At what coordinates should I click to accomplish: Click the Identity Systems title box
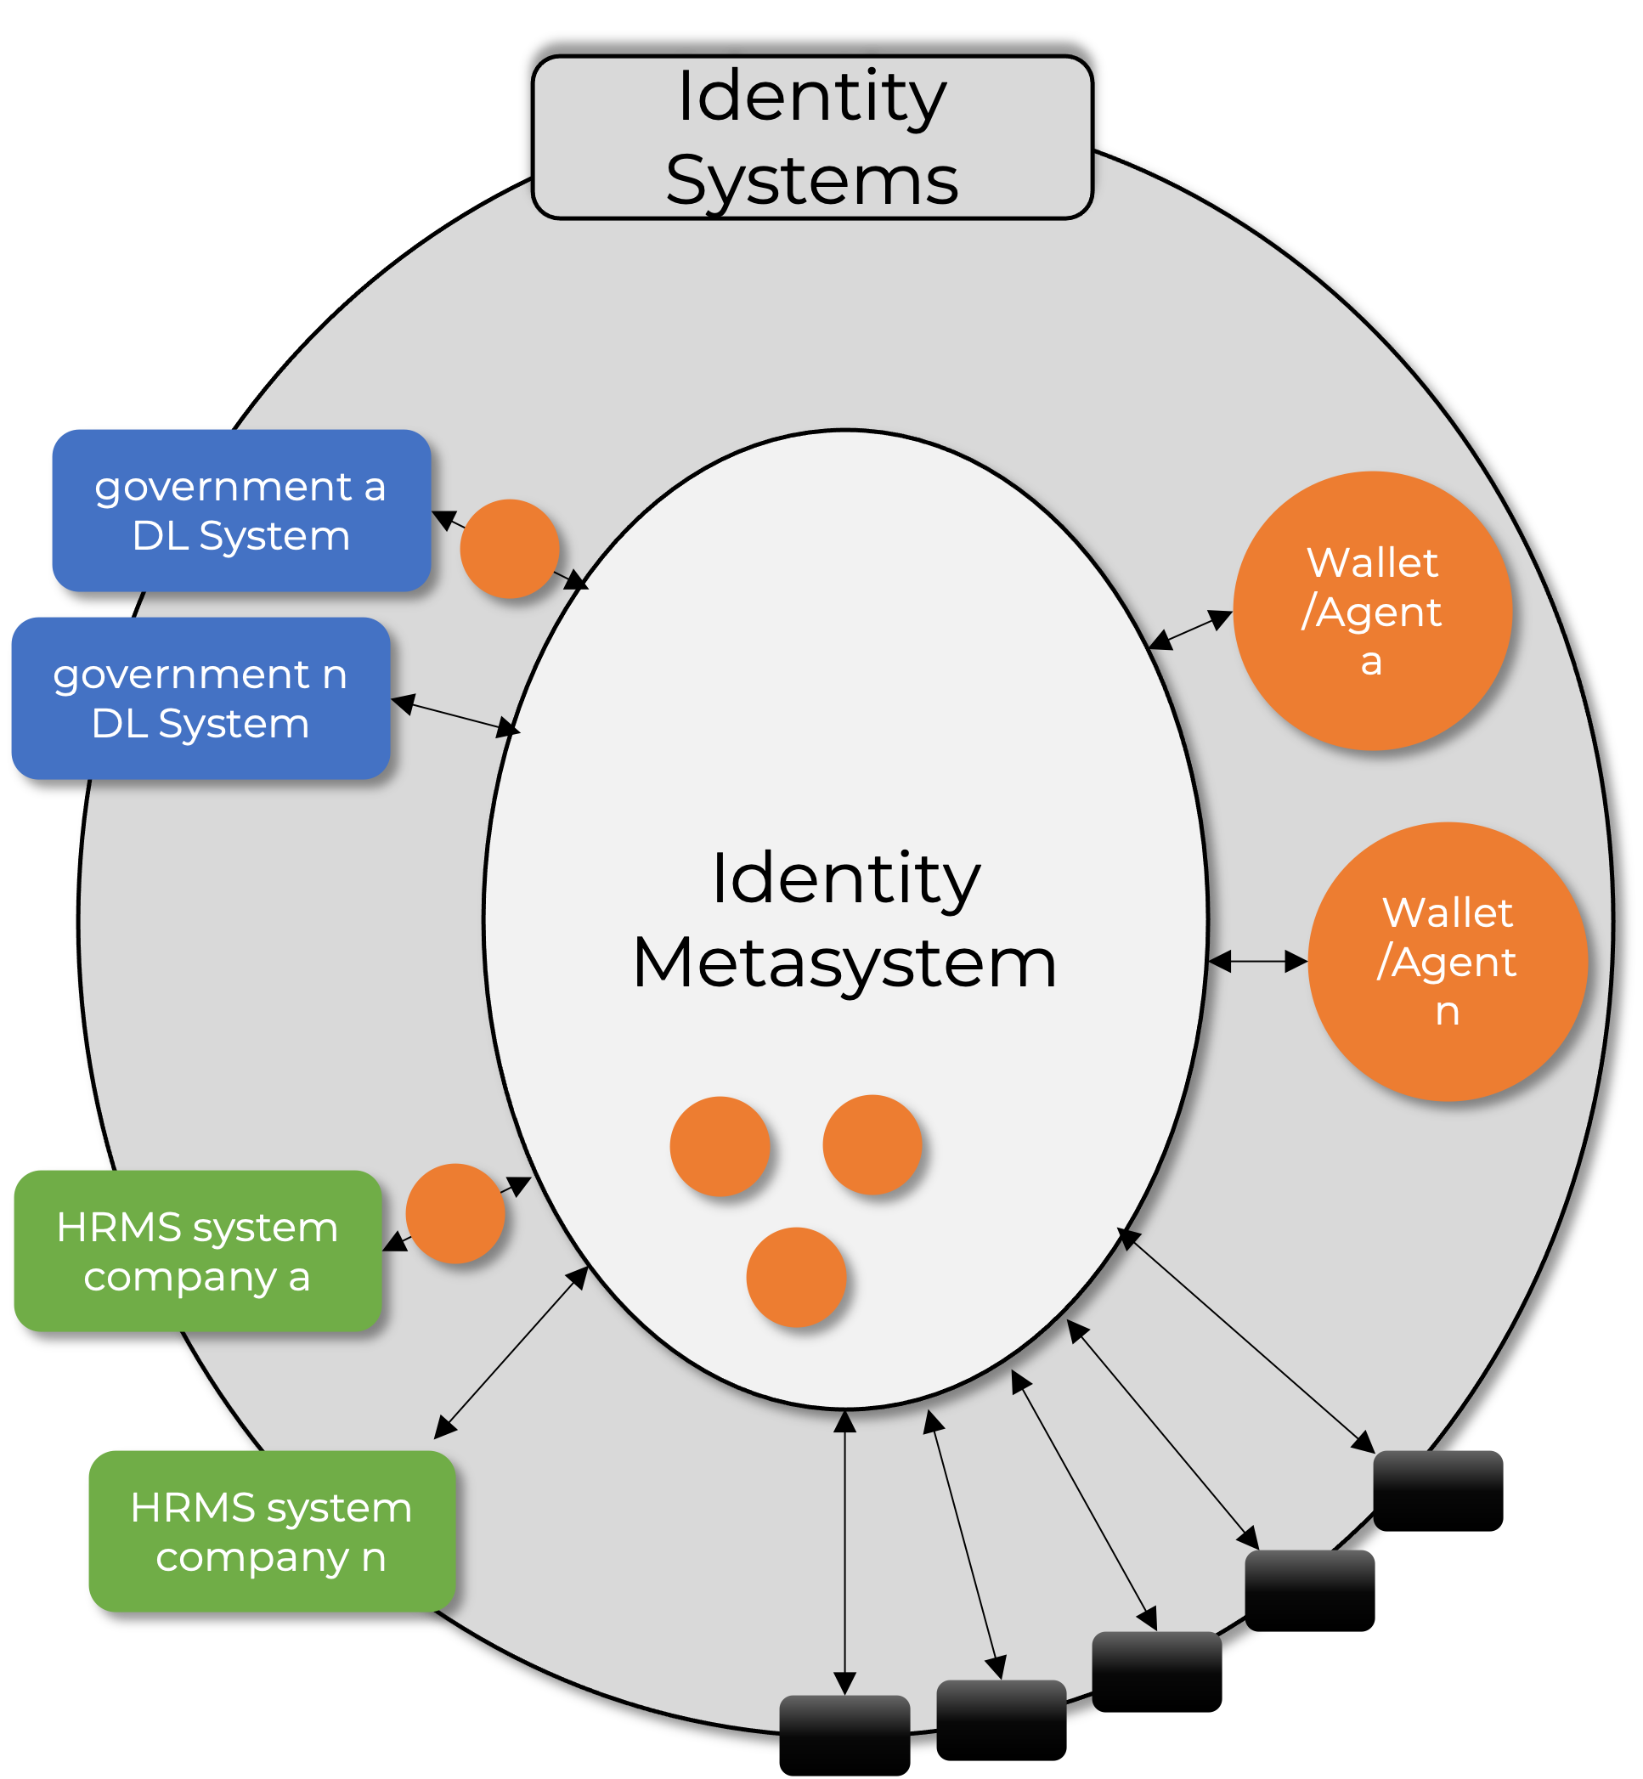coord(811,138)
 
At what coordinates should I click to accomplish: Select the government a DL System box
coord(241,511)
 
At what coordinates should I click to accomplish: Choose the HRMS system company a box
coord(197,1251)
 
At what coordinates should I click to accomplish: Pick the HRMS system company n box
coord(271,1531)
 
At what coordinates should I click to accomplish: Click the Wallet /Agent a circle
coord(1372,611)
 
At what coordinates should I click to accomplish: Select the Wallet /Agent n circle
coord(1448,961)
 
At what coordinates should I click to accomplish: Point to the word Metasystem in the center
coord(844,962)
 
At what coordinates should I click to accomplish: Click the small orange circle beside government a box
coord(510,549)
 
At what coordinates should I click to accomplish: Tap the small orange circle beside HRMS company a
coord(455,1213)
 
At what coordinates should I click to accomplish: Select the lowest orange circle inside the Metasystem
coord(796,1277)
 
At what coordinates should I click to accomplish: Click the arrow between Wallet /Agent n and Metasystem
coord(1257,961)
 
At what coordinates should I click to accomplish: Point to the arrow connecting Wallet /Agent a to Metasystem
coord(1190,630)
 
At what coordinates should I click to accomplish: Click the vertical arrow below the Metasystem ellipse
coord(844,1551)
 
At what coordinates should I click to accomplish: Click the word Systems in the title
coord(811,180)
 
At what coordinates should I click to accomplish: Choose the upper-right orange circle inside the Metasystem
coord(872,1144)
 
